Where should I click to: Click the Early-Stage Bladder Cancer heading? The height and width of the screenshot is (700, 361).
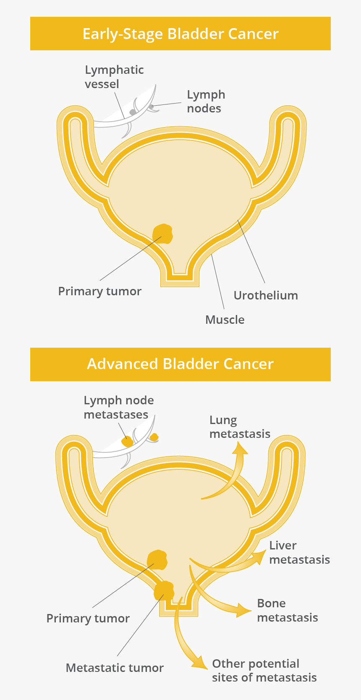click(x=180, y=34)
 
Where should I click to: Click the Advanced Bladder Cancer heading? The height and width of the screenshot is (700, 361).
click(x=180, y=364)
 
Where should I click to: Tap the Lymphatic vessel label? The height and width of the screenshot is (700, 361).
click(x=114, y=77)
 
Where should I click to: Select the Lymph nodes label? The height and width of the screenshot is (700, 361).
click(x=206, y=101)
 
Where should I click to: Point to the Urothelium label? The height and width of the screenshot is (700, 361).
click(x=266, y=295)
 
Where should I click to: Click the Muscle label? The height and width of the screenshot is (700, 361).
click(x=225, y=320)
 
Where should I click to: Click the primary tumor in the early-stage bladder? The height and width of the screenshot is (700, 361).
click(x=163, y=234)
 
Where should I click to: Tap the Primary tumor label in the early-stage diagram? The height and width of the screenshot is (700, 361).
click(x=100, y=291)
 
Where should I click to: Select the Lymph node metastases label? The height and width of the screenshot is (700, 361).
click(x=118, y=407)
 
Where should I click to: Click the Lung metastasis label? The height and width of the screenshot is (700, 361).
click(x=240, y=427)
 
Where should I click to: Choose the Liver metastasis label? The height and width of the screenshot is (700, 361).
click(x=299, y=552)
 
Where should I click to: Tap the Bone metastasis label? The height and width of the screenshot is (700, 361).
click(x=288, y=610)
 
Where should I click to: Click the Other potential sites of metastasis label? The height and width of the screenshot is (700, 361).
click(x=264, y=670)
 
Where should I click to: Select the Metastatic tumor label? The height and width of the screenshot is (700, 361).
click(x=115, y=668)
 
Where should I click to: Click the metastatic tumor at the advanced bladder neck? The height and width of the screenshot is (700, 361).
click(x=164, y=591)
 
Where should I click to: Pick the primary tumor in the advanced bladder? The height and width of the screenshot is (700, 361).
click(x=157, y=560)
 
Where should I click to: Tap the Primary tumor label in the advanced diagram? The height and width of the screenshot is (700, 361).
click(x=88, y=618)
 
